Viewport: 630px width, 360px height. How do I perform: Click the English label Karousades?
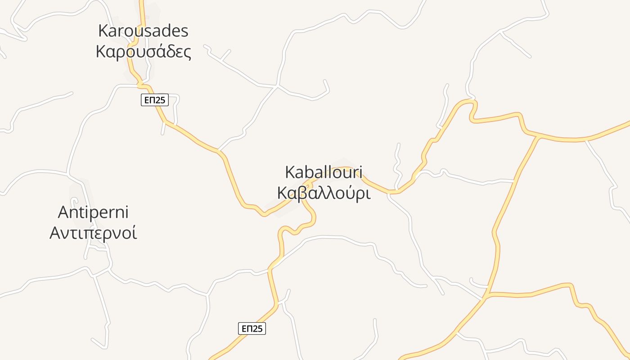tap(143, 31)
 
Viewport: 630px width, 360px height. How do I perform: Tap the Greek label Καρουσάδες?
tap(144, 52)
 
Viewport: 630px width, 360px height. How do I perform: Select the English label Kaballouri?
tap(324, 172)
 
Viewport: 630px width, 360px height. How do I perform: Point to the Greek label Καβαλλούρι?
tap(324, 193)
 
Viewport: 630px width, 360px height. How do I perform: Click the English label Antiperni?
tap(94, 212)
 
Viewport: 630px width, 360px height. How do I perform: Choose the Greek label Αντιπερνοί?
tap(93, 233)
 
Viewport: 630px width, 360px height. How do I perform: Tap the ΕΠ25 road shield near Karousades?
tap(155, 100)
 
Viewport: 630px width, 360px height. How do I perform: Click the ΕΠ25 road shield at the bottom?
tap(252, 328)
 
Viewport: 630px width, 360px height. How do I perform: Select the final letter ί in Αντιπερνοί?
tap(134, 233)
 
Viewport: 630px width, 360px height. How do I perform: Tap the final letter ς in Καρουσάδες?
tap(187, 53)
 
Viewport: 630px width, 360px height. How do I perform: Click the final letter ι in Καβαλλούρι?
tap(368, 193)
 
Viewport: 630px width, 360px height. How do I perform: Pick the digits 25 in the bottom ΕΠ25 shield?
tap(257, 328)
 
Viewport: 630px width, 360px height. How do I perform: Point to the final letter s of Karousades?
tap(184, 31)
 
